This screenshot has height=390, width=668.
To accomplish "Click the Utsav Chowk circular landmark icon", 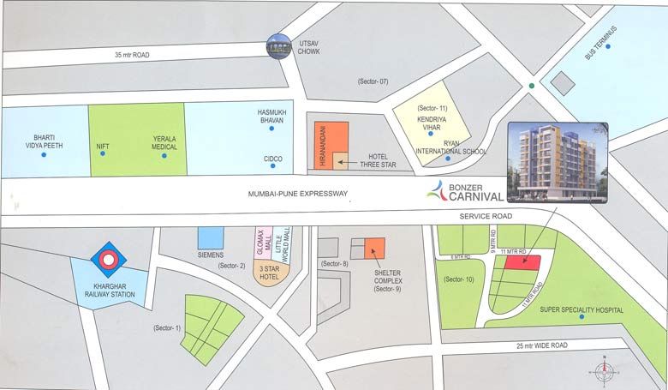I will [277, 47].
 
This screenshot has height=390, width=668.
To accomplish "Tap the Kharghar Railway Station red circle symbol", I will [109, 258].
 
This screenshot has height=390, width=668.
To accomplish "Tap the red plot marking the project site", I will [522, 262].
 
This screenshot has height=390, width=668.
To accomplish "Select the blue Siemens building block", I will [211, 237].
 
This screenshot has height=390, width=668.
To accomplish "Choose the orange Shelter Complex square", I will [374, 249].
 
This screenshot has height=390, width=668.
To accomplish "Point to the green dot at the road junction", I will [532, 86].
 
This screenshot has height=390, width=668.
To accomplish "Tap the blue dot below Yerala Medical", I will [164, 156].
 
